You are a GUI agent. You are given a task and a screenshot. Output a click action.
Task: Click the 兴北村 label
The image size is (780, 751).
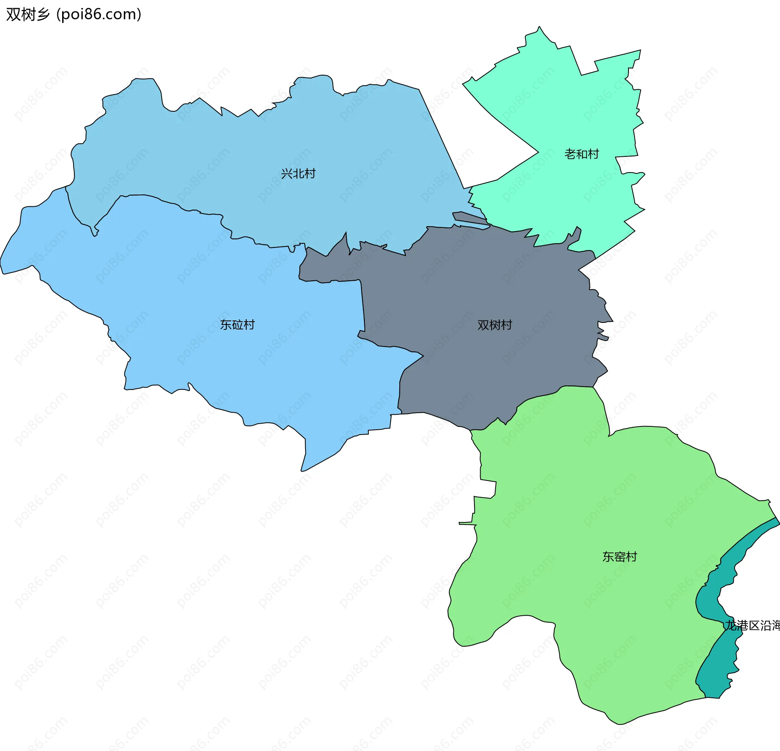point(298,174)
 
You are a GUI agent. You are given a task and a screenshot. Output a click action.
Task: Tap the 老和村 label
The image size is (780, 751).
point(581,154)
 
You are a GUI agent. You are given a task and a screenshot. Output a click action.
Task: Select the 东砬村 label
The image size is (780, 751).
point(237,325)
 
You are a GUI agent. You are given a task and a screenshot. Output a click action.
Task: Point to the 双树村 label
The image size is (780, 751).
point(494,325)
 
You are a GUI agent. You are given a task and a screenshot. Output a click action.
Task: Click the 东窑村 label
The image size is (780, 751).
point(620,557)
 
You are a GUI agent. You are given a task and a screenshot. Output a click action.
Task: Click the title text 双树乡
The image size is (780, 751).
point(28,14)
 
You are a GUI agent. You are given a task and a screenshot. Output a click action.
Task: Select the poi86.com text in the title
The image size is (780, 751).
point(99,14)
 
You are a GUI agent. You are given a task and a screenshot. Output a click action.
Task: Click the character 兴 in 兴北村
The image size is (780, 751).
point(286,174)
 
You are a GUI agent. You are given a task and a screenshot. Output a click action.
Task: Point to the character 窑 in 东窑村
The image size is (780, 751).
point(620,557)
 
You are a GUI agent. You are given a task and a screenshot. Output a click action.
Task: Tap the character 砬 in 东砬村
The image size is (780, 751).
point(237,325)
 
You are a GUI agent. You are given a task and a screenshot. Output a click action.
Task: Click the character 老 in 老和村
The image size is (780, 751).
point(570,154)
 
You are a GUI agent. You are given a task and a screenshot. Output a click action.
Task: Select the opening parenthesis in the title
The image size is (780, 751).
point(58,15)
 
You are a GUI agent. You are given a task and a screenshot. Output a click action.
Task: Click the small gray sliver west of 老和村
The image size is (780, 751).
point(467,217)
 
